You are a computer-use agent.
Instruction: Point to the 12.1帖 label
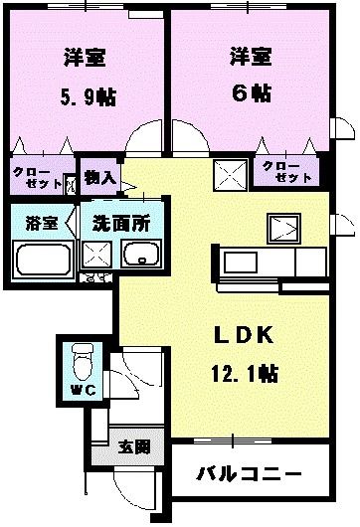pyautogui.click(x=245, y=374)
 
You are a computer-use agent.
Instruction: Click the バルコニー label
pyautogui.click(x=249, y=474)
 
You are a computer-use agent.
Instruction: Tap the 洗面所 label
pyautogui.click(x=117, y=222)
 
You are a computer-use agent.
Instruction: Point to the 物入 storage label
pyautogui.click(x=100, y=177)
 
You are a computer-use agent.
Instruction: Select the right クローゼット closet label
pyautogui.click(x=286, y=171)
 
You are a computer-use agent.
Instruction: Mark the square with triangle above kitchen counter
pyautogui.click(x=283, y=228)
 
